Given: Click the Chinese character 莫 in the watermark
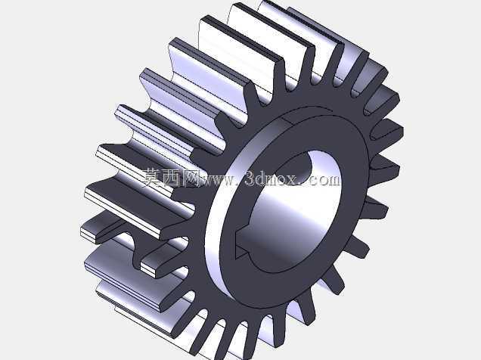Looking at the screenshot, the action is pos(153,177).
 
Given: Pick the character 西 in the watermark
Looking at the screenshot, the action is pos(172,178).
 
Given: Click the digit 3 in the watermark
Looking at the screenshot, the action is pos(250,178).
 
